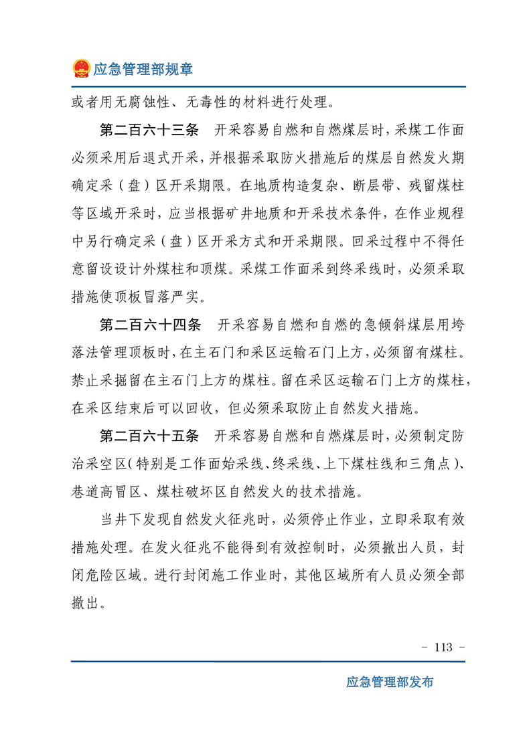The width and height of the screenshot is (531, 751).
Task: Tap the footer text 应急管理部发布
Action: [390, 682]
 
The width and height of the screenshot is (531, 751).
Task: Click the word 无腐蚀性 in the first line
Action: [142, 102]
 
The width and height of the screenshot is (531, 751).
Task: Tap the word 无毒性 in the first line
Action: [214, 102]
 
